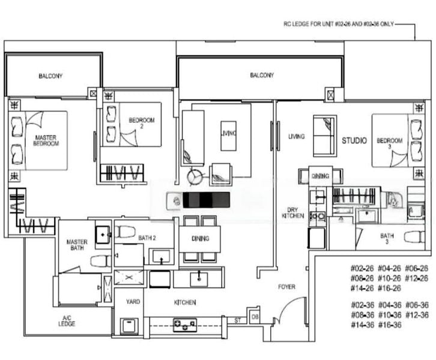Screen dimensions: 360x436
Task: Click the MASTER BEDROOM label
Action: pos(46,141)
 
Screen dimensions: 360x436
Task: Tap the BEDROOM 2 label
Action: pos(142,124)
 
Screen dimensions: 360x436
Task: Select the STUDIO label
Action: pos(354,141)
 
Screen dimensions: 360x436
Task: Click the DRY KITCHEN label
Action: pos(292,212)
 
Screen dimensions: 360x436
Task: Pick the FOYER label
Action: pos(286,287)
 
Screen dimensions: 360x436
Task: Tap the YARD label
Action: pos(133,302)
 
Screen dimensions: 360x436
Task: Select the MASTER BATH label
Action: pos(77,245)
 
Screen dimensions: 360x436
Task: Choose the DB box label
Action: pos(255,317)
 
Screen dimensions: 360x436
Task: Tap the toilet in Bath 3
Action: pos(414,236)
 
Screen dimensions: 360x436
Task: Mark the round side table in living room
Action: pos(195,177)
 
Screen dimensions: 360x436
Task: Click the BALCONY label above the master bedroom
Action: pos(50,76)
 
